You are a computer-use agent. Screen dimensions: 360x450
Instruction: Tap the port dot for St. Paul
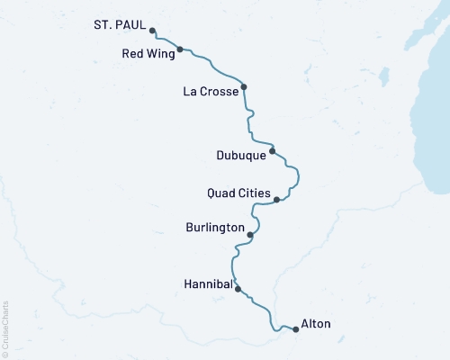click(152, 31)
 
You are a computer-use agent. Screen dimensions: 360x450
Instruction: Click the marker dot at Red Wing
click(180, 49)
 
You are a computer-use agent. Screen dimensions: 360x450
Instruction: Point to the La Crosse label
click(210, 91)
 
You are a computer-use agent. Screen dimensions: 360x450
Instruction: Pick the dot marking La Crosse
click(244, 87)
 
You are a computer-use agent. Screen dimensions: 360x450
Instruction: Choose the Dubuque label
click(241, 155)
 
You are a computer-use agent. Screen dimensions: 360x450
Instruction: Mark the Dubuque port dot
click(272, 151)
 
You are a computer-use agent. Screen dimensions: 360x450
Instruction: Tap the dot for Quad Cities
click(276, 200)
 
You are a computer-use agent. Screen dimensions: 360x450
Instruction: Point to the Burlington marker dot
click(250, 236)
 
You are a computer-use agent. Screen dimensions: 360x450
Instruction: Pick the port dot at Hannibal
click(238, 289)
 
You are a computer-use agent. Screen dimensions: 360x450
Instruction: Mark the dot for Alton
click(296, 329)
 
